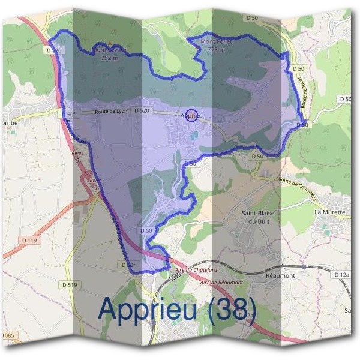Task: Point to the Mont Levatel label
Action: pyautogui.click(x=109, y=50)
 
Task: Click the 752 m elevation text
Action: pyautogui.click(x=110, y=58)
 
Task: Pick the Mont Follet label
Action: pyautogui.click(x=216, y=42)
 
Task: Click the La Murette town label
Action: pyautogui.click(x=329, y=212)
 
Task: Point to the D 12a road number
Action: pyautogui.click(x=341, y=274)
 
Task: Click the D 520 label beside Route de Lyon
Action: pyautogui.click(x=142, y=110)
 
